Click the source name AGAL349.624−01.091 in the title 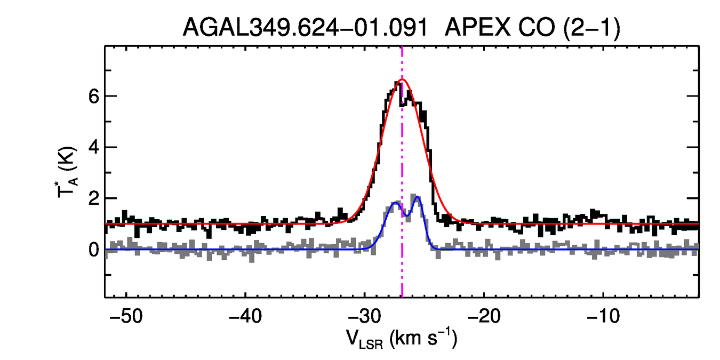click(305, 27)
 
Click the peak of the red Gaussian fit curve click(403, 79)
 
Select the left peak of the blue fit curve click(395, 203)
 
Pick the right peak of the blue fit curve click(418, 197)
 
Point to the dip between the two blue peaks click(406, 215)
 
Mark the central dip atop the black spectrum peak click(403, 103)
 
